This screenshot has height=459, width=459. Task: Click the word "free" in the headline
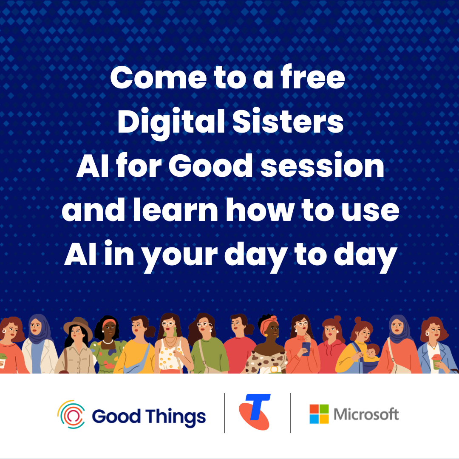(x=313, y=76)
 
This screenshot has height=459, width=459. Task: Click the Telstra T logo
(x=255, y=412)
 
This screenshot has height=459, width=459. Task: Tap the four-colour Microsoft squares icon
(x=319, y=414)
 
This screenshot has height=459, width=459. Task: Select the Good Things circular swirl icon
(x=71, y=414)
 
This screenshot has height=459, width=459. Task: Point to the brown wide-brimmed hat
(x=77, y=326)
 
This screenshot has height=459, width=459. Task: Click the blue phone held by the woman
(x=306, y=349)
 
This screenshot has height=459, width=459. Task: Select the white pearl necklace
(x=108, y=342)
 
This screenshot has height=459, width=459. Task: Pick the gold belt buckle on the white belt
(x=275, y=370)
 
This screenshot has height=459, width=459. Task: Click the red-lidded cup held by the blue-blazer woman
(x=436, y=361)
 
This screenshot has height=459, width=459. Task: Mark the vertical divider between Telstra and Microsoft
(x=291, y=413)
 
